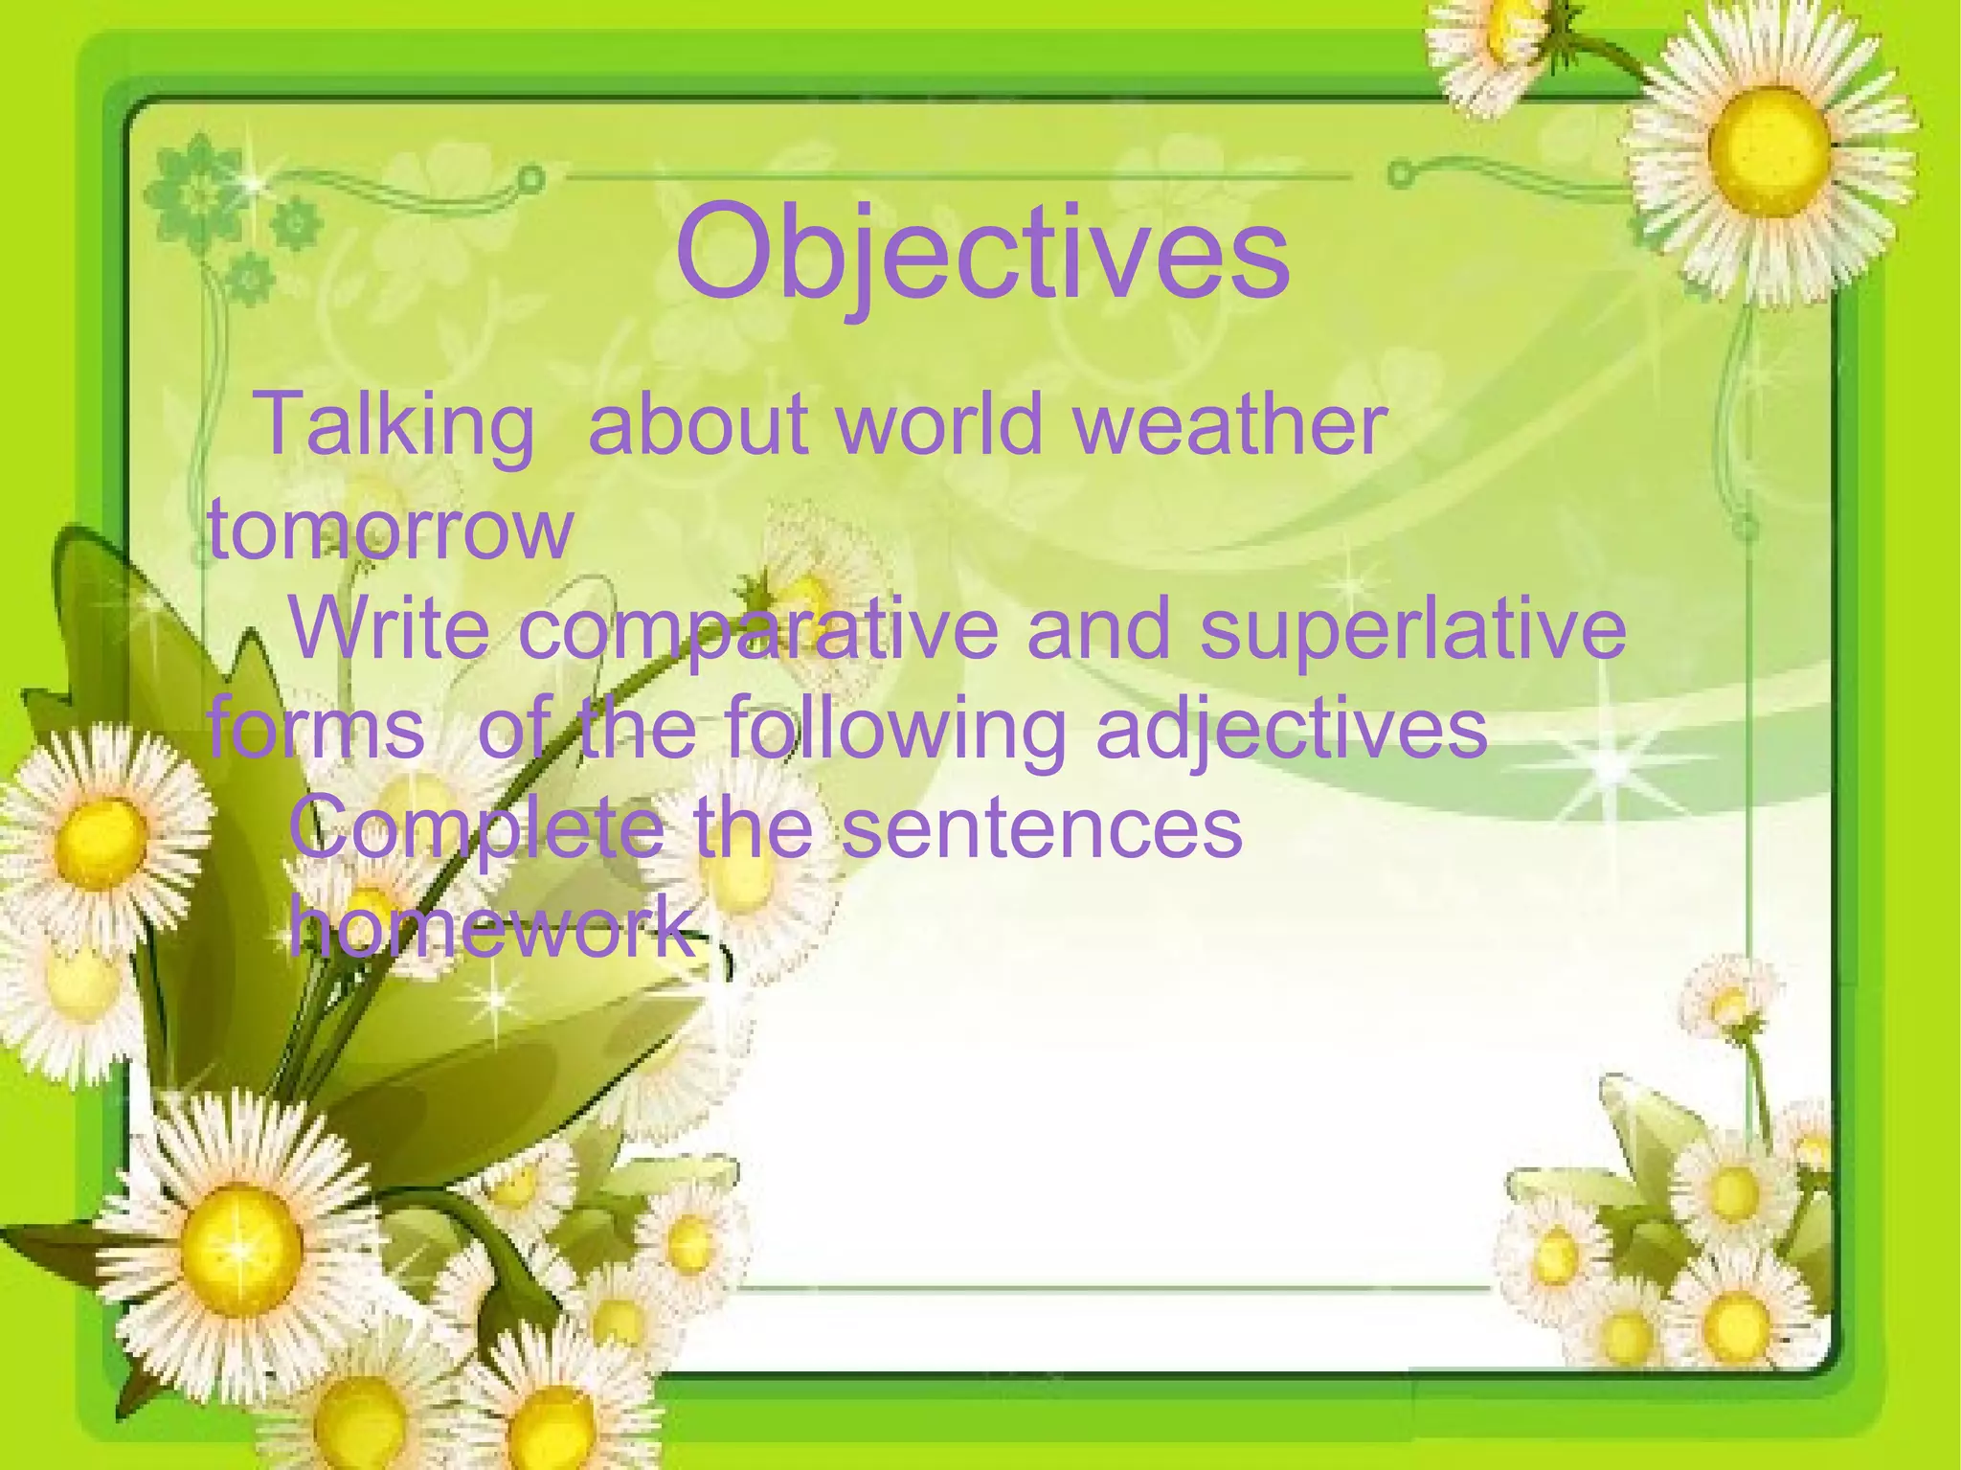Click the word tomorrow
tap(391, 529)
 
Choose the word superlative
tap(1412, 629)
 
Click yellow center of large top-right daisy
tap(1768, 149)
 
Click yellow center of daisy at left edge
tap(101, 844)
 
